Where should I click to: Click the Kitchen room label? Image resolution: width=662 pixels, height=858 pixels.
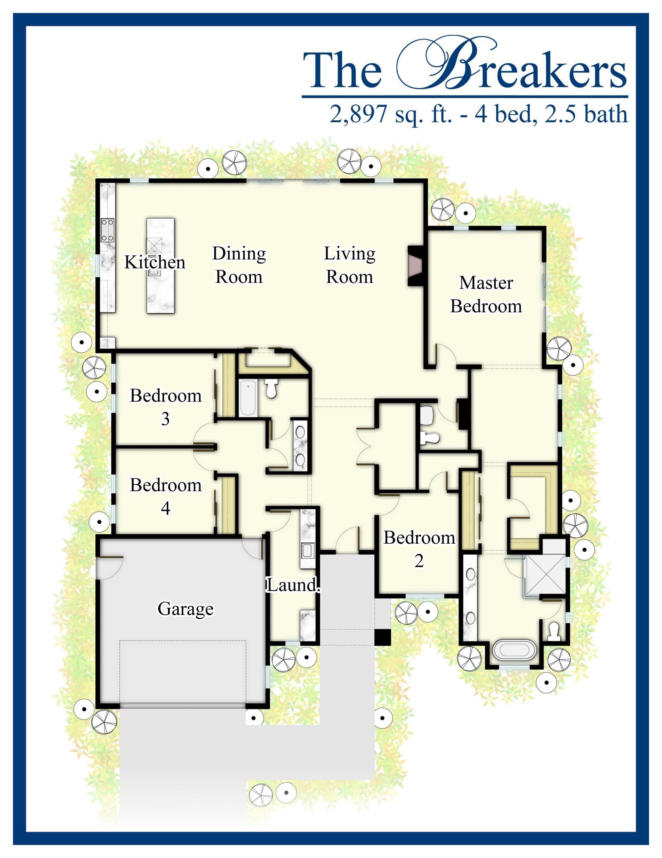pos(155,262)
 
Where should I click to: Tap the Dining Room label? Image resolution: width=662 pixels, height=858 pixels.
pos(239,265)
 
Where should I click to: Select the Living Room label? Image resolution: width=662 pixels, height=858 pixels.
pos(350,265)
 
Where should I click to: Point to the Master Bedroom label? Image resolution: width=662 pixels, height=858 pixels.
pos(486,295)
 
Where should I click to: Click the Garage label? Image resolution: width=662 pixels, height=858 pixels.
pos(186,609)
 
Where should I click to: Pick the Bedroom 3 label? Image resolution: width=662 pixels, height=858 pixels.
pos(166,407)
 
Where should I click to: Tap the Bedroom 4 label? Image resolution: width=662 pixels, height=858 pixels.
pos(166,497)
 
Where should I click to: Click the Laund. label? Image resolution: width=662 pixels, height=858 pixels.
pos(293,586)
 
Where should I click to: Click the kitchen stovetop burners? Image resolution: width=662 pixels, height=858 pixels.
pos(107,230)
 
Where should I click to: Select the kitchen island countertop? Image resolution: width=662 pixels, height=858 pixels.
pos(161,266)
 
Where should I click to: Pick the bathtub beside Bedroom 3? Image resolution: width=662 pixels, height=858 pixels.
pos(248,398)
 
